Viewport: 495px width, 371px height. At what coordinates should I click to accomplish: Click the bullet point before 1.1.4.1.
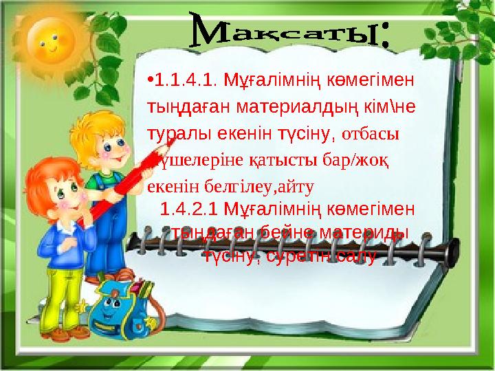coord(150,82)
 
